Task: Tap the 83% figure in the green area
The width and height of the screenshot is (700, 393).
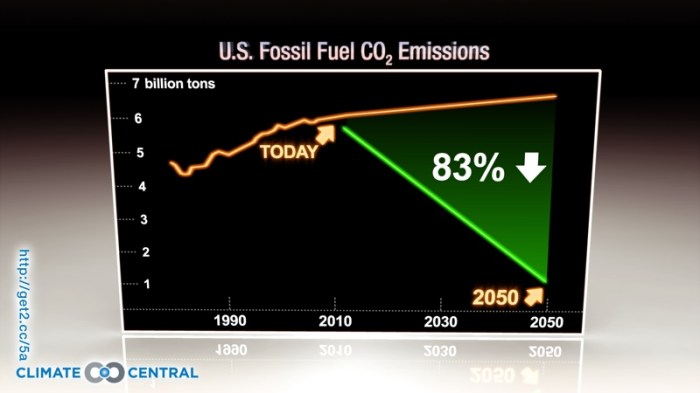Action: click(x=467, y=168)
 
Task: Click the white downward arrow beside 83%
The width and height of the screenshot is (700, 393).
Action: click(x=531, y=168)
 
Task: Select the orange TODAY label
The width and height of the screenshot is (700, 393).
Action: click(x=288, y=152)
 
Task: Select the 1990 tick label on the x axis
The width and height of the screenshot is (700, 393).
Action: click(x=230, y=323)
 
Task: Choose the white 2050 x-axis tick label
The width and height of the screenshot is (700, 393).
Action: click(x=547, y=324)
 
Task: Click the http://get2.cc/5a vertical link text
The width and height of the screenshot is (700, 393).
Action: click(x=23, y=300)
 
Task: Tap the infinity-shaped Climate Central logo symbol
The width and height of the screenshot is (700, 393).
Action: click(x=104, y=373)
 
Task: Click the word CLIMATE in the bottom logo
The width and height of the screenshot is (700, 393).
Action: click(x=49, y=373)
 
